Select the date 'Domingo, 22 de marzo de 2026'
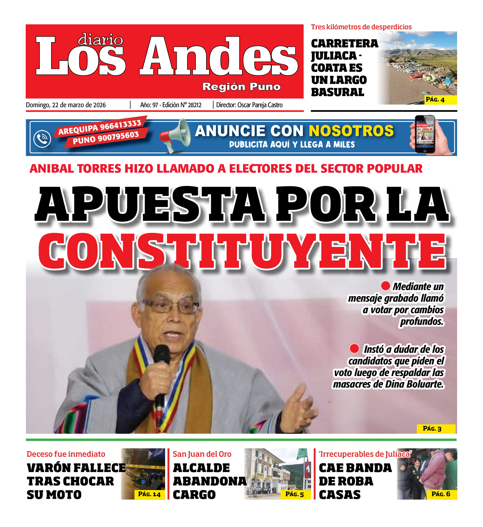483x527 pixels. [66, 105]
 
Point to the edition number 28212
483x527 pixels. [195, 105]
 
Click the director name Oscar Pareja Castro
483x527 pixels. [260, 105]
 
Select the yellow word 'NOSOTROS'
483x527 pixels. [351, 131]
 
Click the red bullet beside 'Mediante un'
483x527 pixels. [385, 286]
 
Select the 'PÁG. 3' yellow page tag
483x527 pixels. [436, 429]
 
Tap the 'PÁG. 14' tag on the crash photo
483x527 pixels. [149, 494]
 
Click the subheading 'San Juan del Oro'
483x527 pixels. [202, 454]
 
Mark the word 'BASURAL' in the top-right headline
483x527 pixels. [337, 92]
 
